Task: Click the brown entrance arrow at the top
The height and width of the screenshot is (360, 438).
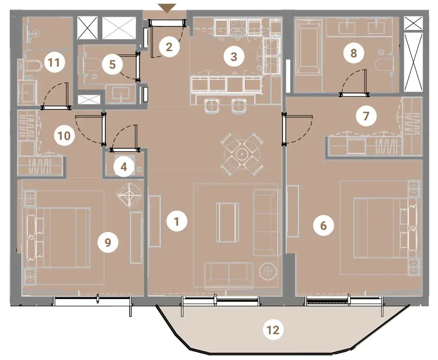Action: (167, 8)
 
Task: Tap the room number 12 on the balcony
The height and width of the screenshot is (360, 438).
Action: (273, 330)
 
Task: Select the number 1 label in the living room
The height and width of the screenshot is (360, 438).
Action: (177, 222)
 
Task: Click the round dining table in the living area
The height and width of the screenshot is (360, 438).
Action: (241, 153)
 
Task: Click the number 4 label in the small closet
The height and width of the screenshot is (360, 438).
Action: (124, 167)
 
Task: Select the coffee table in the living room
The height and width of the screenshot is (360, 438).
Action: (227, 222)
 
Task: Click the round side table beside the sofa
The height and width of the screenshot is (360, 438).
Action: (268, 270)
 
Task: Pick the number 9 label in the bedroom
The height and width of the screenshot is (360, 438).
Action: (108, 242)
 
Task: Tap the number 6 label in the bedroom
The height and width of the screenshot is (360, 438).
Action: (323, 225)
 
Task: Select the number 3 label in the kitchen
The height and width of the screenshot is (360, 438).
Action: (234, 57)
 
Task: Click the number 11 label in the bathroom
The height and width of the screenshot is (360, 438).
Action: (55, 62)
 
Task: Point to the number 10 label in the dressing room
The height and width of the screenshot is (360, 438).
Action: (64, 136)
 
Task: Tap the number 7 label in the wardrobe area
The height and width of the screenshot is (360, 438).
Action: (366, 116)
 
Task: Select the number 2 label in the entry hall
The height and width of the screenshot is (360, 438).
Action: (169, 47)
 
